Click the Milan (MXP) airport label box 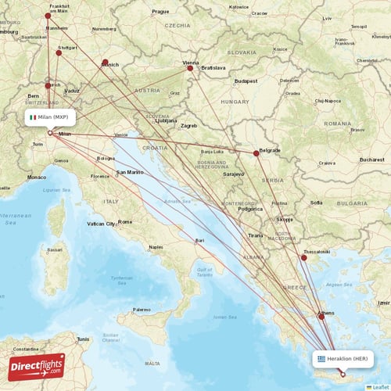pos(50,117)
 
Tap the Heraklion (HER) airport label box pos(343,359)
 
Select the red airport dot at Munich pos(105,62)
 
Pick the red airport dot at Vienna pos(189,68)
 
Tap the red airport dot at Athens pos(321,317)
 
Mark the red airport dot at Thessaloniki pos(304,257)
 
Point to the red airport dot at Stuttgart pos(59,53)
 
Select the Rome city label pos(125,222)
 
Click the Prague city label pos(160,12)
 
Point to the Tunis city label pos(83,339)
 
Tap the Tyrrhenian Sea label pos(121,279)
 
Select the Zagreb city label pos(188,125)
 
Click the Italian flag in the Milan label pos(33,117)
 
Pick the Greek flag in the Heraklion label pos(321,359)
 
